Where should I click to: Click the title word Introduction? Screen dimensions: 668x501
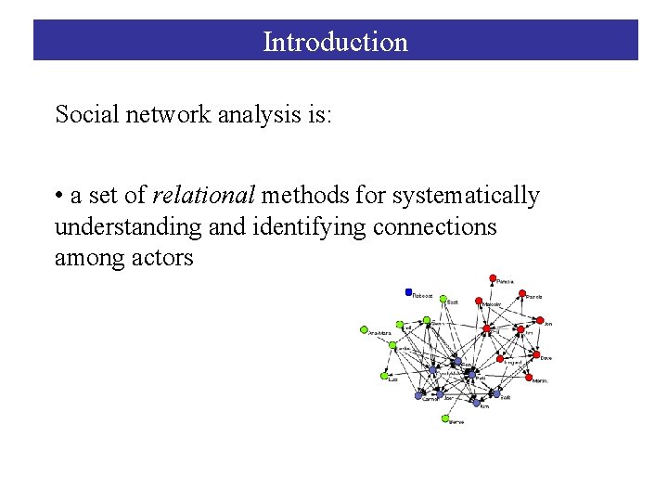point(335,42)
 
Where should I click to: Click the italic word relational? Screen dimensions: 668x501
point(203,196)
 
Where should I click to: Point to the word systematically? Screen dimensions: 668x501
point(466,196)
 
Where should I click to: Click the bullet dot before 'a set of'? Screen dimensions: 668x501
point(59,196)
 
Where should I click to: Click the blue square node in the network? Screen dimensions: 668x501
point(408,292)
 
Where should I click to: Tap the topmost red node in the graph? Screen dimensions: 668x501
point(493,277)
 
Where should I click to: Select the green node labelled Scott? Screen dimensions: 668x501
point(442,301)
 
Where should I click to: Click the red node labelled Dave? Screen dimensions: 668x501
point(537,354)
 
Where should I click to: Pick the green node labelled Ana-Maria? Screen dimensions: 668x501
point(364,329)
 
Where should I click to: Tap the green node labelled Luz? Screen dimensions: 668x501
point(383,376)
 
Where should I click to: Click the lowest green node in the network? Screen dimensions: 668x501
point(445,418)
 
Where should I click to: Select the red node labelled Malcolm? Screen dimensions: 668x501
point(479,302)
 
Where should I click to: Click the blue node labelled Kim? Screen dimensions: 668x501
point(476,404)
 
